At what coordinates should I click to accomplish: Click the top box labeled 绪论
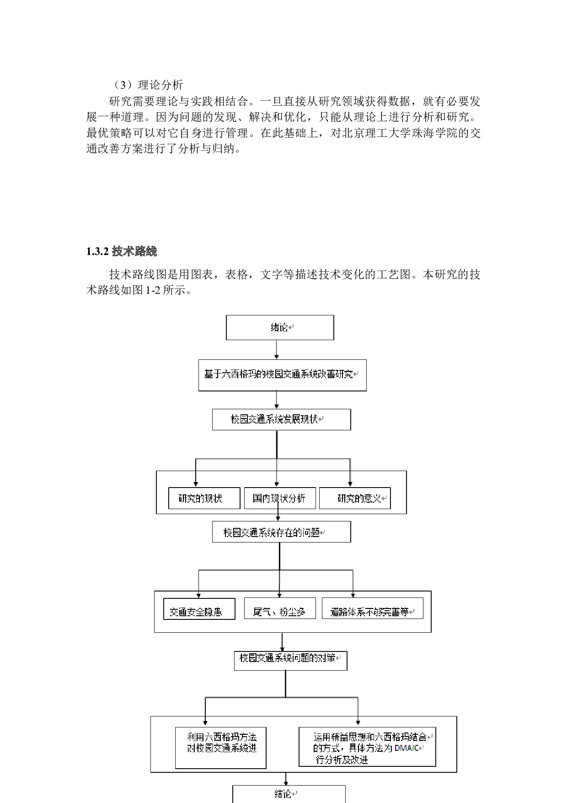tap(280, 327)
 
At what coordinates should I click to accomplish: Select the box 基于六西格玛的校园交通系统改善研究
tap(282, 375)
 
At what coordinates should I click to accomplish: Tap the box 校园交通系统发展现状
tap(281, 419)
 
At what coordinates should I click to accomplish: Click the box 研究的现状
tap(204, 498)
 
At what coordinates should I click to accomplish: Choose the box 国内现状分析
tap(279, 498)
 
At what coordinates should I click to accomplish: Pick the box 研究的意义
tap(355, 498)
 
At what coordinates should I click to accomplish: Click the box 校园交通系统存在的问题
tap(281, 532)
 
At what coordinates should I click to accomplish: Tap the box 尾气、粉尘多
tap(279, 608)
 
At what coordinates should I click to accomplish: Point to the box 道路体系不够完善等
tap(372, 608)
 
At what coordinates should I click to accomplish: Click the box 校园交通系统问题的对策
tap(290, 661)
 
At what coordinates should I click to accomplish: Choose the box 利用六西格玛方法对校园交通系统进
tap(220, 748)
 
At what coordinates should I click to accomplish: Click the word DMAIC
tap(407, 748)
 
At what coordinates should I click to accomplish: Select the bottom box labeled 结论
tap(289, 794)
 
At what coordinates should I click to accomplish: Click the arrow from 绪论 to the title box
tap(276, 350)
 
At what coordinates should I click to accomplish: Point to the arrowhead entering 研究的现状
tap(196, 483)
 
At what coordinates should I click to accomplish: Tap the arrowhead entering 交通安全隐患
tap(199, 595)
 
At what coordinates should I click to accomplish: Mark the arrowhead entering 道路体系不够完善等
tap(353, 595)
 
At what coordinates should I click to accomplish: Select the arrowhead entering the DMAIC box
tap(358, 723)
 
